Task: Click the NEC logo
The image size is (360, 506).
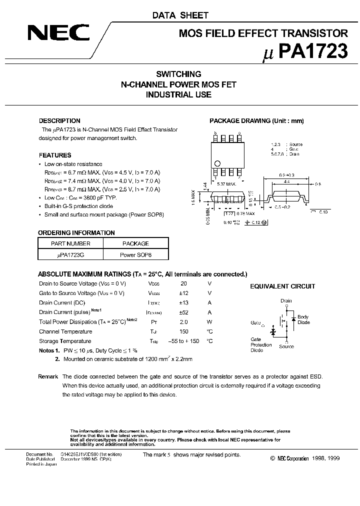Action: (58, 34)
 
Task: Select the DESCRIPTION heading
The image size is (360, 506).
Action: (59, 121)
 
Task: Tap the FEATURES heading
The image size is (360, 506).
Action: (55, 155)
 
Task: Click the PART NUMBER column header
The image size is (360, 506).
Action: (71, 243)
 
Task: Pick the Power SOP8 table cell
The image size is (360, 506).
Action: (135, 254)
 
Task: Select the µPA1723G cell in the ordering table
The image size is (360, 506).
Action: (71, 254)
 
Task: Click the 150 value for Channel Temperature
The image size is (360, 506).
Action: (184, 331)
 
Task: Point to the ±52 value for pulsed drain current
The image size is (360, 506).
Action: (184, 312)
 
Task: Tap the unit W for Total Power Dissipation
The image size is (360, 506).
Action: (209, 322)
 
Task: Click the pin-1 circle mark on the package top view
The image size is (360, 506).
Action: (217, 163)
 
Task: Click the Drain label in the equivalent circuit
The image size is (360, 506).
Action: (286, 301)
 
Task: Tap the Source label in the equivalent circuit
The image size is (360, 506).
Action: (286, 346)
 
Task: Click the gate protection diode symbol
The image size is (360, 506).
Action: (272, 331)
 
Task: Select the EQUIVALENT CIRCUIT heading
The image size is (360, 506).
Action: (282, 286)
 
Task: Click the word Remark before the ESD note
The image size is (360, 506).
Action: (48, 376)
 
